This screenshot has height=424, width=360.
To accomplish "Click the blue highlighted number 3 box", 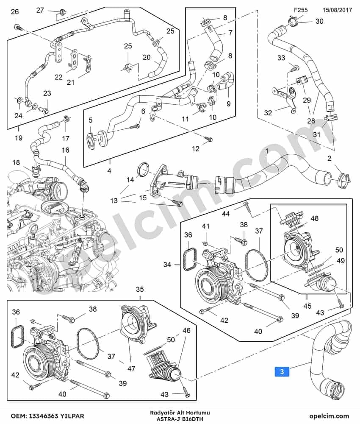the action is click(282, 371).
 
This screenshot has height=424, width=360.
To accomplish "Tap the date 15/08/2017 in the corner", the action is click(337, 10).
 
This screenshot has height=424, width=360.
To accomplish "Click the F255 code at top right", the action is click(301, 10).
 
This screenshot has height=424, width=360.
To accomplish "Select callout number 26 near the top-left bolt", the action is click(15, 11).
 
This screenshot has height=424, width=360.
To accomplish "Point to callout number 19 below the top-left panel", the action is click(18, 138).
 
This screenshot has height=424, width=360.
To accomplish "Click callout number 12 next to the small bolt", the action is click(196, 148).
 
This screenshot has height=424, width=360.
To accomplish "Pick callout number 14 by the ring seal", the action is click(130, 179).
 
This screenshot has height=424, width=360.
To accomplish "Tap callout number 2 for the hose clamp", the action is click(329, 158).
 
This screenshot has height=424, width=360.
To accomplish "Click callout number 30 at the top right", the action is click(319, 21).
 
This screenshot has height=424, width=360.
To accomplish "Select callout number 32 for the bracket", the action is click(268, 112).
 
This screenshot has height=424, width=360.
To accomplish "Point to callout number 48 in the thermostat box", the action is click(315, 218).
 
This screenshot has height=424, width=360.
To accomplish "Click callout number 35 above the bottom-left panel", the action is click(140, 289).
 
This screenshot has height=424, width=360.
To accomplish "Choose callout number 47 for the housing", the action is click(131, 368).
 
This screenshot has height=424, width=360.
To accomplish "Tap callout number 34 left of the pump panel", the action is click(167, 265).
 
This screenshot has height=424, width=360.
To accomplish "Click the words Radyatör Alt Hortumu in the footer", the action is click(180, 413).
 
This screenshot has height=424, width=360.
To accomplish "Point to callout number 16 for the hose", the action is click(66, 150).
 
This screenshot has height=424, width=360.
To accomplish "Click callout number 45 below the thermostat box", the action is click(307, 306).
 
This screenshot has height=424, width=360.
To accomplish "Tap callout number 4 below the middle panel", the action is click(109, 171).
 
